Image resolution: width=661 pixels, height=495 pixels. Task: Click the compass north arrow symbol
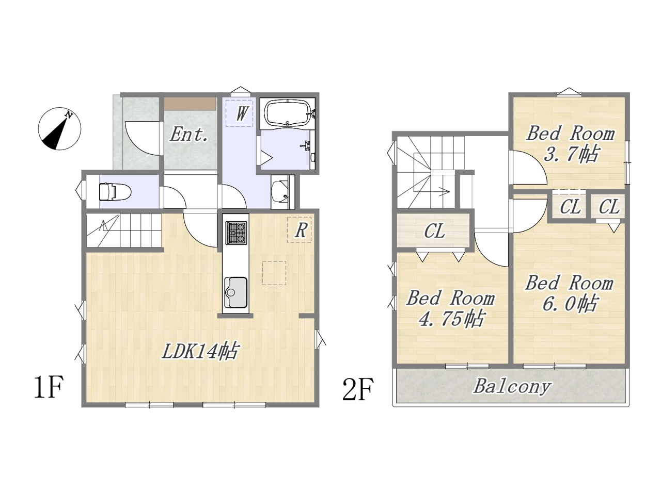tap(59, 128)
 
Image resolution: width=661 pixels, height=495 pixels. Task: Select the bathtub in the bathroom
tap(287, 113)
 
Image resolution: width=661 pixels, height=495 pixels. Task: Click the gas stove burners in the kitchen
tap(236, 233)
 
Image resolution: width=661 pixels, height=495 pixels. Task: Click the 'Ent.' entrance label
tap(189, 135)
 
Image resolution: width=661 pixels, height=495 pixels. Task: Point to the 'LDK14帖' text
tap(200, 351)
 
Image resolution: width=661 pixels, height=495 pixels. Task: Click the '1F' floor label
tap(48, 387)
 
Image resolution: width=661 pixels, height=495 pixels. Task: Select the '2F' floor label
tap(358, 389)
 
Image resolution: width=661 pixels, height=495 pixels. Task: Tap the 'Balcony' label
tap(512, 387)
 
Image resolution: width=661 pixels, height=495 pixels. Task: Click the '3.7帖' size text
tap(570, 154)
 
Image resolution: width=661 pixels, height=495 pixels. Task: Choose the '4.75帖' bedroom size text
tap(451, 319)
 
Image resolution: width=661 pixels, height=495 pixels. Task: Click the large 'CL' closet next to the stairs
tap(434, 231)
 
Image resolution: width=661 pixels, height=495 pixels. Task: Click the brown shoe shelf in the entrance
tap(190, 104)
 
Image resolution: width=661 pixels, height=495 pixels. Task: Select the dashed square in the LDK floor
tap(274, 273)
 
